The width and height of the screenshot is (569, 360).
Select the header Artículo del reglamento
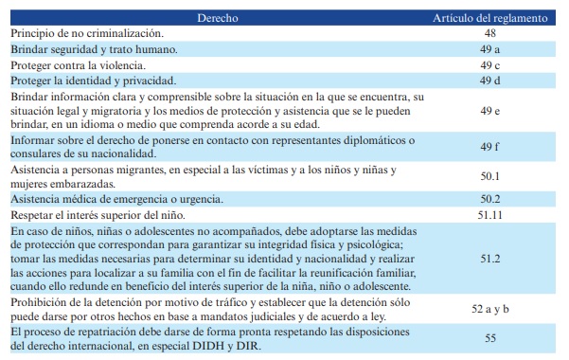pyautogui.click(x=489, y=18)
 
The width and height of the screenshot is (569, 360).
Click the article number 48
pyautogui.click(x=489, y=32)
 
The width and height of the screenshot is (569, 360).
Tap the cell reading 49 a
pyautogui.click(x=489, y=48)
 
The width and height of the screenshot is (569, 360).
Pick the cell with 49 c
pyautogui.click(x=489, y=64)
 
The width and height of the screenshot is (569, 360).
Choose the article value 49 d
pyautogui.click(x=489, y=81)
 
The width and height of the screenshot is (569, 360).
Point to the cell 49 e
pyautogui.click(x=489, y=110)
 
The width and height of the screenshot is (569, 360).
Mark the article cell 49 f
pyautogui.click(x=489, y=147)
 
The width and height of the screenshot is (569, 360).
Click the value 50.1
pyautogui.click(x=489, y=176)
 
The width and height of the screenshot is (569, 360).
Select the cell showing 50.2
pyautogui.click(x=489, y=198)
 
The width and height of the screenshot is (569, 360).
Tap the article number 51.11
pyautogui.click(x=489, y=214)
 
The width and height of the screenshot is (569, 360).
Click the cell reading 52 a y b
pyautogui.click(x=489, y=308)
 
